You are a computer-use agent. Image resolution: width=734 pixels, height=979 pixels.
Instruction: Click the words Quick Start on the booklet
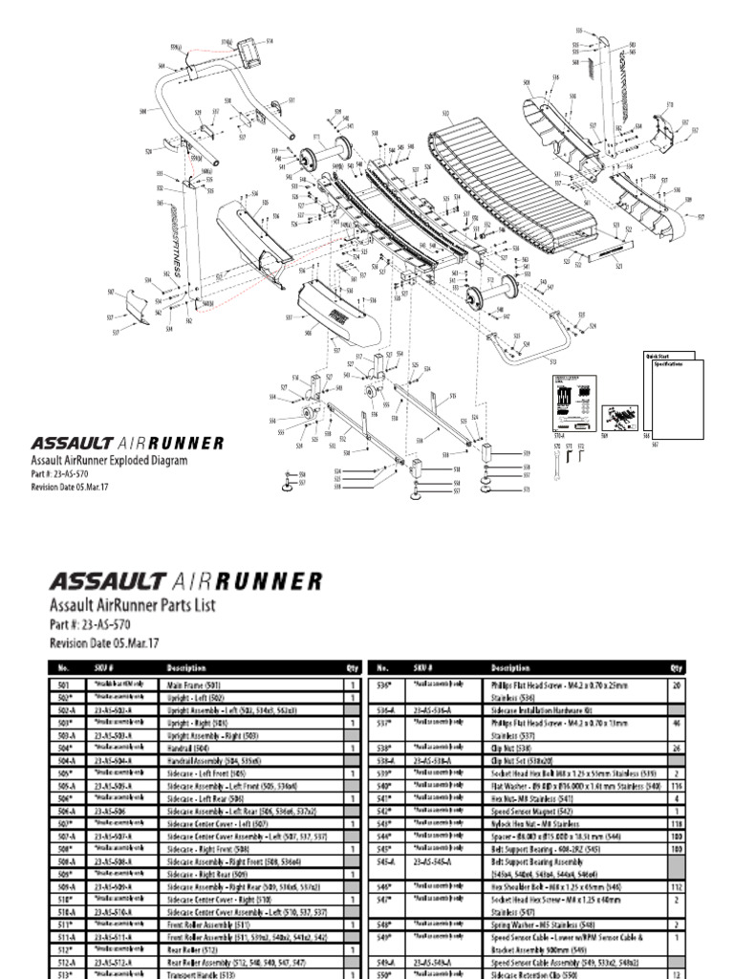coord(658,357)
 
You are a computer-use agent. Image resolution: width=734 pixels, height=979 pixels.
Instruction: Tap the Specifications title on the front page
coord(670,364)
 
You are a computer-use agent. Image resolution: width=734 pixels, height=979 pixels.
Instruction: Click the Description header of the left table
coord(186,668)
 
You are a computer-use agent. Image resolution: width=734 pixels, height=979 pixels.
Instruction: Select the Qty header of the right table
coord(677,668)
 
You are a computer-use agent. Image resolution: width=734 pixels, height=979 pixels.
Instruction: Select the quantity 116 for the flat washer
coord(677,785)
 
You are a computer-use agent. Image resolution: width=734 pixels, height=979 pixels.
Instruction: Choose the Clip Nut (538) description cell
coord(506,748)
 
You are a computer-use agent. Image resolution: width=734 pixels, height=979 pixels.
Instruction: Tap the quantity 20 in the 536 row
coord(677,685)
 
